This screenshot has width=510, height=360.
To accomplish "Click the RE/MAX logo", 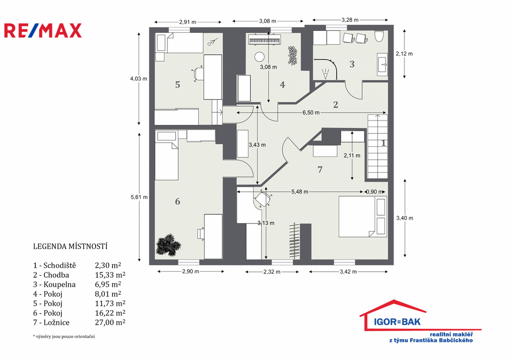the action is [x=43, y=30].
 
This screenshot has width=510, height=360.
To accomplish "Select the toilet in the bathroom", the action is [x=379, y=36].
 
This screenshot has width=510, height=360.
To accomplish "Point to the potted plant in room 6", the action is [x=168, y=244].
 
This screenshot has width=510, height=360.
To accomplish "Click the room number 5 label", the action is [x=177, y=85].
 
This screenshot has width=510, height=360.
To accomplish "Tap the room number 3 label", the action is [x=352, y=64].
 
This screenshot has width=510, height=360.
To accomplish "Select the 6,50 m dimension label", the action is [x=311, y=113].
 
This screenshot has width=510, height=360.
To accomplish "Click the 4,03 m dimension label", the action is [x=138, y=79].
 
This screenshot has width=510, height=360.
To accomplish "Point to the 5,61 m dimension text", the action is [x=139, y=197].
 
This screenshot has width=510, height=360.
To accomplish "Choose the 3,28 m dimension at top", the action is [x=350, y=20].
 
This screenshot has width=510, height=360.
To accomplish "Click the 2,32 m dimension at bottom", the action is [x=272, y=272].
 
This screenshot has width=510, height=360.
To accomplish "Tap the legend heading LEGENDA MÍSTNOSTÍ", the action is [x=70, y=246].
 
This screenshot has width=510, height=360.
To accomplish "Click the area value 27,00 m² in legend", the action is [x=110, y=322].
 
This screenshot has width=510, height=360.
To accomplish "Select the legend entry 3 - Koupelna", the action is [x=54, y=284].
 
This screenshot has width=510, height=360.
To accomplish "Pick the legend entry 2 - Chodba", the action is [x=51, y=275].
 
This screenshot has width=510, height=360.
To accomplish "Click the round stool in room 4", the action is [x=259, y=57].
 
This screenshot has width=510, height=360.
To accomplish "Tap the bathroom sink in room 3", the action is [x=382, y=64].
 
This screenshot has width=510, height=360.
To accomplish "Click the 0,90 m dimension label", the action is [x=375, y=192].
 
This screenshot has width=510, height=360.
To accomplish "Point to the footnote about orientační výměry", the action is [x=64, y=337].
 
